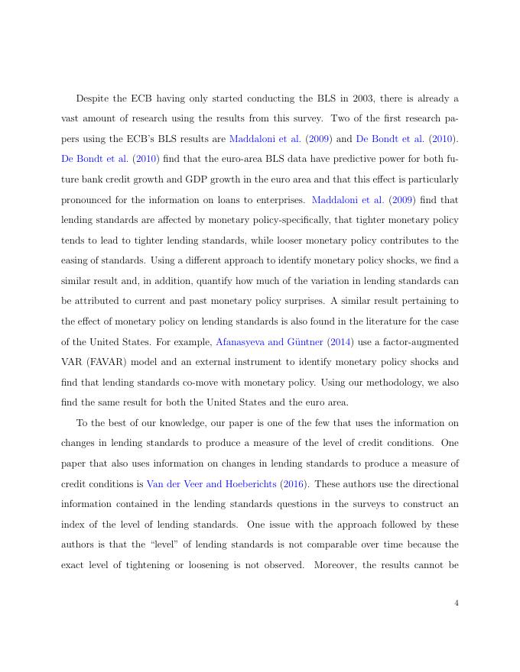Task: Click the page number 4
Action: click(x=456, y=603)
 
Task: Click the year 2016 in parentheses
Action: click(x=292, y=484)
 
